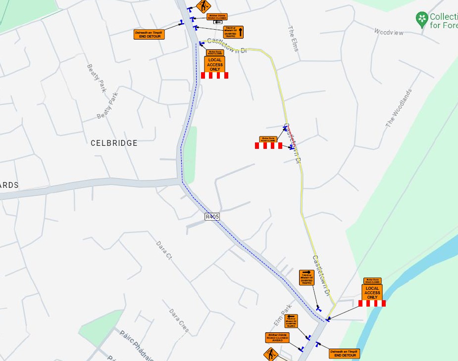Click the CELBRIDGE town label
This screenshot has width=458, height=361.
pos(114,143)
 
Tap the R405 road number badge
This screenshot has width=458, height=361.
pos(212,217)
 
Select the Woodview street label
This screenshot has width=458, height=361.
pos(389,32)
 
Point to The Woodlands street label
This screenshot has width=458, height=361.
pos(399,108)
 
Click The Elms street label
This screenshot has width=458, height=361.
pos(292,38)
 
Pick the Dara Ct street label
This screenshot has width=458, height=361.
pos(163,251)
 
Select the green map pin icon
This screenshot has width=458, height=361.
pos(421,19)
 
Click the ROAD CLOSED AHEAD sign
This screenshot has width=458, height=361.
pos(277,338)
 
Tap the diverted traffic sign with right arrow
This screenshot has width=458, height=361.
pos(306,277)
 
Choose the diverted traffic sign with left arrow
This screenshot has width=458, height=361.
pos(291,321)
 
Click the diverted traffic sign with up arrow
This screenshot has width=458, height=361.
pos(233,32)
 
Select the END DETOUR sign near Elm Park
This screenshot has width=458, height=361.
pos(344,354)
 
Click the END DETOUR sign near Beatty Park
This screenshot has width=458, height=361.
pos(149,34)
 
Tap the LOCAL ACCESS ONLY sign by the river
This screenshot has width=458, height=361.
pos(372,292)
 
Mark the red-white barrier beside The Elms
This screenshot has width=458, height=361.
pos(268,146)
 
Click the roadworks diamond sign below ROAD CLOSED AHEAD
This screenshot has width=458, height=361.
pos(271,354)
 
